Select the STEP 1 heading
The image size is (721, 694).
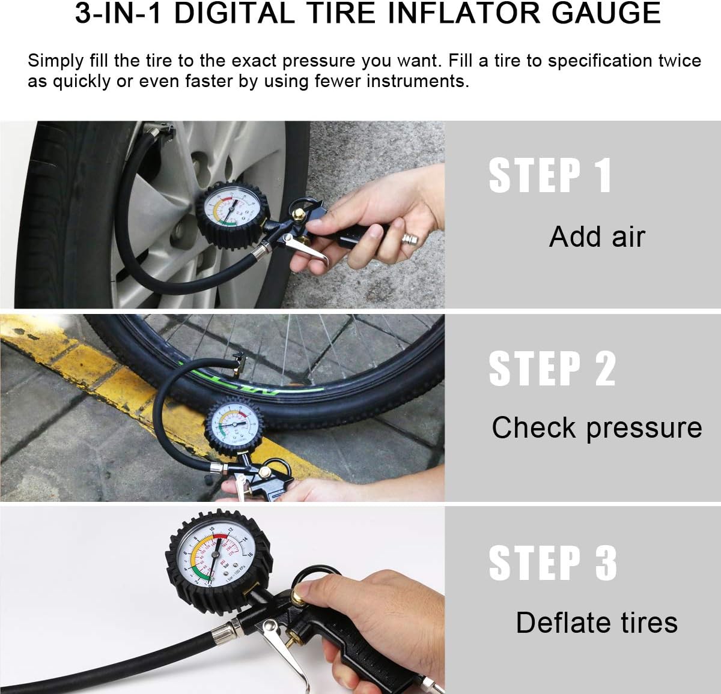[550, 175]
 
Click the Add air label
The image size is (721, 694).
[597, 237]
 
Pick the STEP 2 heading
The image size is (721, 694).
[552, 368]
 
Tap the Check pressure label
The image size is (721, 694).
[597, 428]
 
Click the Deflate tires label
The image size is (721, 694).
[597, 623]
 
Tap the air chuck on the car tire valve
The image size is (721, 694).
[157, 128]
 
